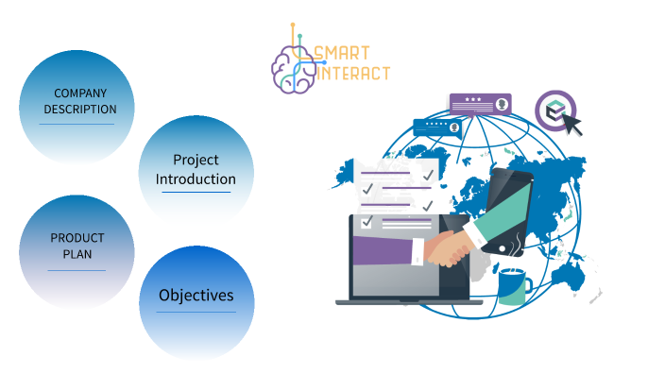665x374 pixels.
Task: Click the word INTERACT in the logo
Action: tap(353, 72)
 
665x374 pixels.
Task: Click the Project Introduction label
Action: tap(196, 169)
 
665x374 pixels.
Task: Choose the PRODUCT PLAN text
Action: tap(77, 246)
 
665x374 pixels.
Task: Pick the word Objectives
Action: tap(196, 296)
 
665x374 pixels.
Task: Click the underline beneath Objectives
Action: tap(196, 313)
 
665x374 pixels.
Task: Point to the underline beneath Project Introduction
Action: tap(196, 193)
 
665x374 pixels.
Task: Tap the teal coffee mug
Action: tap(514, 285)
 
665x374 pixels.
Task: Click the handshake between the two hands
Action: tap(449, 247)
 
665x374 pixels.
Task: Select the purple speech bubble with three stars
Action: tap(479, 102)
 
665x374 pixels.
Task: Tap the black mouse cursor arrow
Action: tap(572, 125)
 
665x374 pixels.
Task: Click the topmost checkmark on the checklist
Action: tap(428, 175)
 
